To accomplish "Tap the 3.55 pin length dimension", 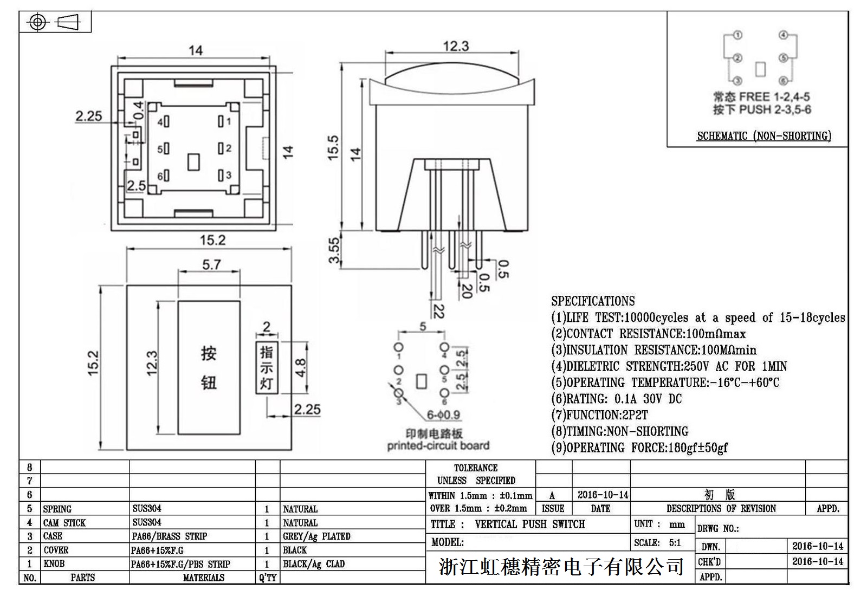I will click(x=335, y=250).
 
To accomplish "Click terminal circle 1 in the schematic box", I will click(x=737, y=35).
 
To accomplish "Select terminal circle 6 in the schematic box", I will click(x=783, y=81).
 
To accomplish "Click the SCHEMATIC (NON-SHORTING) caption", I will click(x=764, y=136).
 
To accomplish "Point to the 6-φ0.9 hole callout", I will click(x=443, y=415).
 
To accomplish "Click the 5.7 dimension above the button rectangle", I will click(x=211, y=264).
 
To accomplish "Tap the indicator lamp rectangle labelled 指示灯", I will click(x=267, y=368).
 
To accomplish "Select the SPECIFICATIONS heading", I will click(x=593, y=301).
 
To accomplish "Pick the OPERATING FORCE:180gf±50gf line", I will click(x=639, y=448).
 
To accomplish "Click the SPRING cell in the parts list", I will click(x=57, y=509).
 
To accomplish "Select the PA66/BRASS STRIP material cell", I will click(x=170, y=536).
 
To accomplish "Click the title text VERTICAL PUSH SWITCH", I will click(x=529, y=524).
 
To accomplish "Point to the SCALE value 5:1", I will click(x=675, y=543).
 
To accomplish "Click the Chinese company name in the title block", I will click(x=561, y=567).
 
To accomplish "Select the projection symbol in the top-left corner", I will click(x=55, y=22).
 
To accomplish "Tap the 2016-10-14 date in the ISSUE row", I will click(x=603, y=495).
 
